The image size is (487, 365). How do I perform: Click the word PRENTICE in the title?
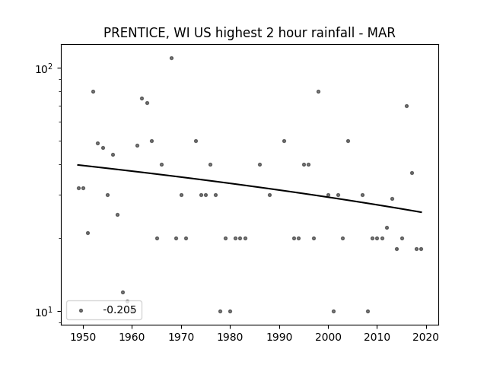point(134,33)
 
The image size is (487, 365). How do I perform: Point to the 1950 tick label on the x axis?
point(83,337)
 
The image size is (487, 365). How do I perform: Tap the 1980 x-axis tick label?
point(230,337)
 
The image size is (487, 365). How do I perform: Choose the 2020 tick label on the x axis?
point(426,337)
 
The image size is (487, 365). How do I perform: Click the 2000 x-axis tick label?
point(328,337)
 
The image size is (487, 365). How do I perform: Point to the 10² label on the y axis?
point(43,68)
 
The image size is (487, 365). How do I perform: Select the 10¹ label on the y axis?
point(43,312)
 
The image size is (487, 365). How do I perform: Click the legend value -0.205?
point(119,309)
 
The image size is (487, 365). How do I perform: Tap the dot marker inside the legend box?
point(81,310)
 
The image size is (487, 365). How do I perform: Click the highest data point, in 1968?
point(171,58)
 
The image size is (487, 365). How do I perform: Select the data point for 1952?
point(93,91)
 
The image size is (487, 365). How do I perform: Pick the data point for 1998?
point(318,91)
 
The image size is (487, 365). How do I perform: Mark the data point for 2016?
point(406,106)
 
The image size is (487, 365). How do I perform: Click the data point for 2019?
point(421,249)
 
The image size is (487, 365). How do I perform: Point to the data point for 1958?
point(123,292)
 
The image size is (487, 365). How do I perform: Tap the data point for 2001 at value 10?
point(333,311)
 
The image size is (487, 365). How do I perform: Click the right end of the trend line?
point(422,212)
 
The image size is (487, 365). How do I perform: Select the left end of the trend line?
point(78,165)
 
